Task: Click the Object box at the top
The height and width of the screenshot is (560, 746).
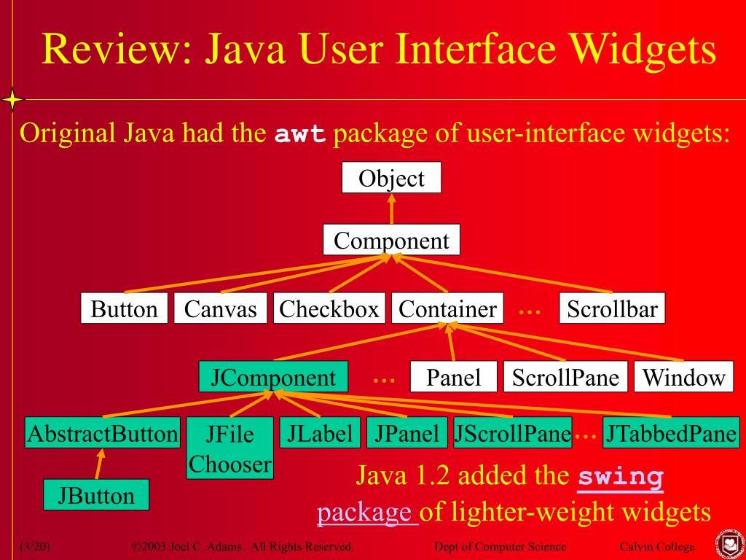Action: click(391, 178)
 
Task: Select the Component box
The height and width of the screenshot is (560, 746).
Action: click(391, 240)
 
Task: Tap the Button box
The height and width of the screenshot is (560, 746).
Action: click(124, 308)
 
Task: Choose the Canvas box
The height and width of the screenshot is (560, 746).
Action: click(220, 308)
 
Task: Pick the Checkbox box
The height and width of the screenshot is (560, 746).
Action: click(329, 308)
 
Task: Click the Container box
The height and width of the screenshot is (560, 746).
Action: click(447, 308)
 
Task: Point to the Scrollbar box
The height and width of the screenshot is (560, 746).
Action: click(612, 308)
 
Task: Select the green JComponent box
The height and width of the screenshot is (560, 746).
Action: click(273, 377)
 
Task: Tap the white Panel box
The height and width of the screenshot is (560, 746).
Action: click(453, 377)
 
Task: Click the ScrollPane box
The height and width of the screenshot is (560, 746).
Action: click(565, 377)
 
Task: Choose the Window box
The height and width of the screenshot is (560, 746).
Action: click(683, 377)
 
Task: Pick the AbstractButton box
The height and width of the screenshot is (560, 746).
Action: click(102, 434)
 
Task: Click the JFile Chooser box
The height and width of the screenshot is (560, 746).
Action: click(229, 448)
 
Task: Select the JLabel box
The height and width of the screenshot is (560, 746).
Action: click(320, 434)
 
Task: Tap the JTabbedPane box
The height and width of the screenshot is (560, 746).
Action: click(671, 434)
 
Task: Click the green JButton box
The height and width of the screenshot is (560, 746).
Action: click(96, 495)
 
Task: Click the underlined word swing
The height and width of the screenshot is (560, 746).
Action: click(621, 478)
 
